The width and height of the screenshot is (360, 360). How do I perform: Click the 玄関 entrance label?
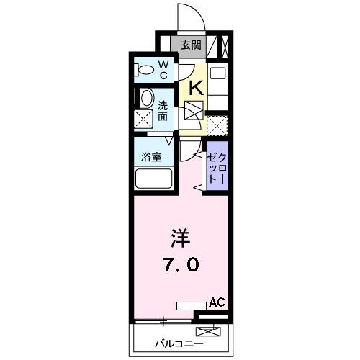[191, 45]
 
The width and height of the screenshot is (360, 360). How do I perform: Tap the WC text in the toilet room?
[163, 71]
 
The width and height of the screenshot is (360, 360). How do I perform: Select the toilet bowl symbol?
[144, 71]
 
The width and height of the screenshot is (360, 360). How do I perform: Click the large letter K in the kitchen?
[194, 88]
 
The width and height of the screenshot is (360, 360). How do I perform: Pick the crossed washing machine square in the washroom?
[145, 120]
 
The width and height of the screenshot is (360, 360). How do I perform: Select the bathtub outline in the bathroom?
[153, 178]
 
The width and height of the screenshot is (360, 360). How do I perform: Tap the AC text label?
[217, 303]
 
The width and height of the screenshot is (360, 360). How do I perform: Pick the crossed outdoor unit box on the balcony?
[207, 333]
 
